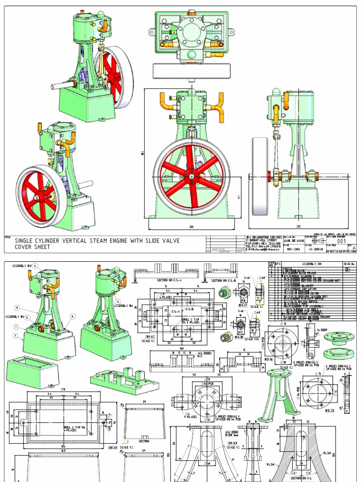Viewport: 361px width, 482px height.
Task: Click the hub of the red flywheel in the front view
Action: [x=191, y=177]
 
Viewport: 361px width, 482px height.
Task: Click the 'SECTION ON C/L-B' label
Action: [x=224, y=281]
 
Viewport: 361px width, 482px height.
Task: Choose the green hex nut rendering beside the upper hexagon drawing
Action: [x=225, y=292]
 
